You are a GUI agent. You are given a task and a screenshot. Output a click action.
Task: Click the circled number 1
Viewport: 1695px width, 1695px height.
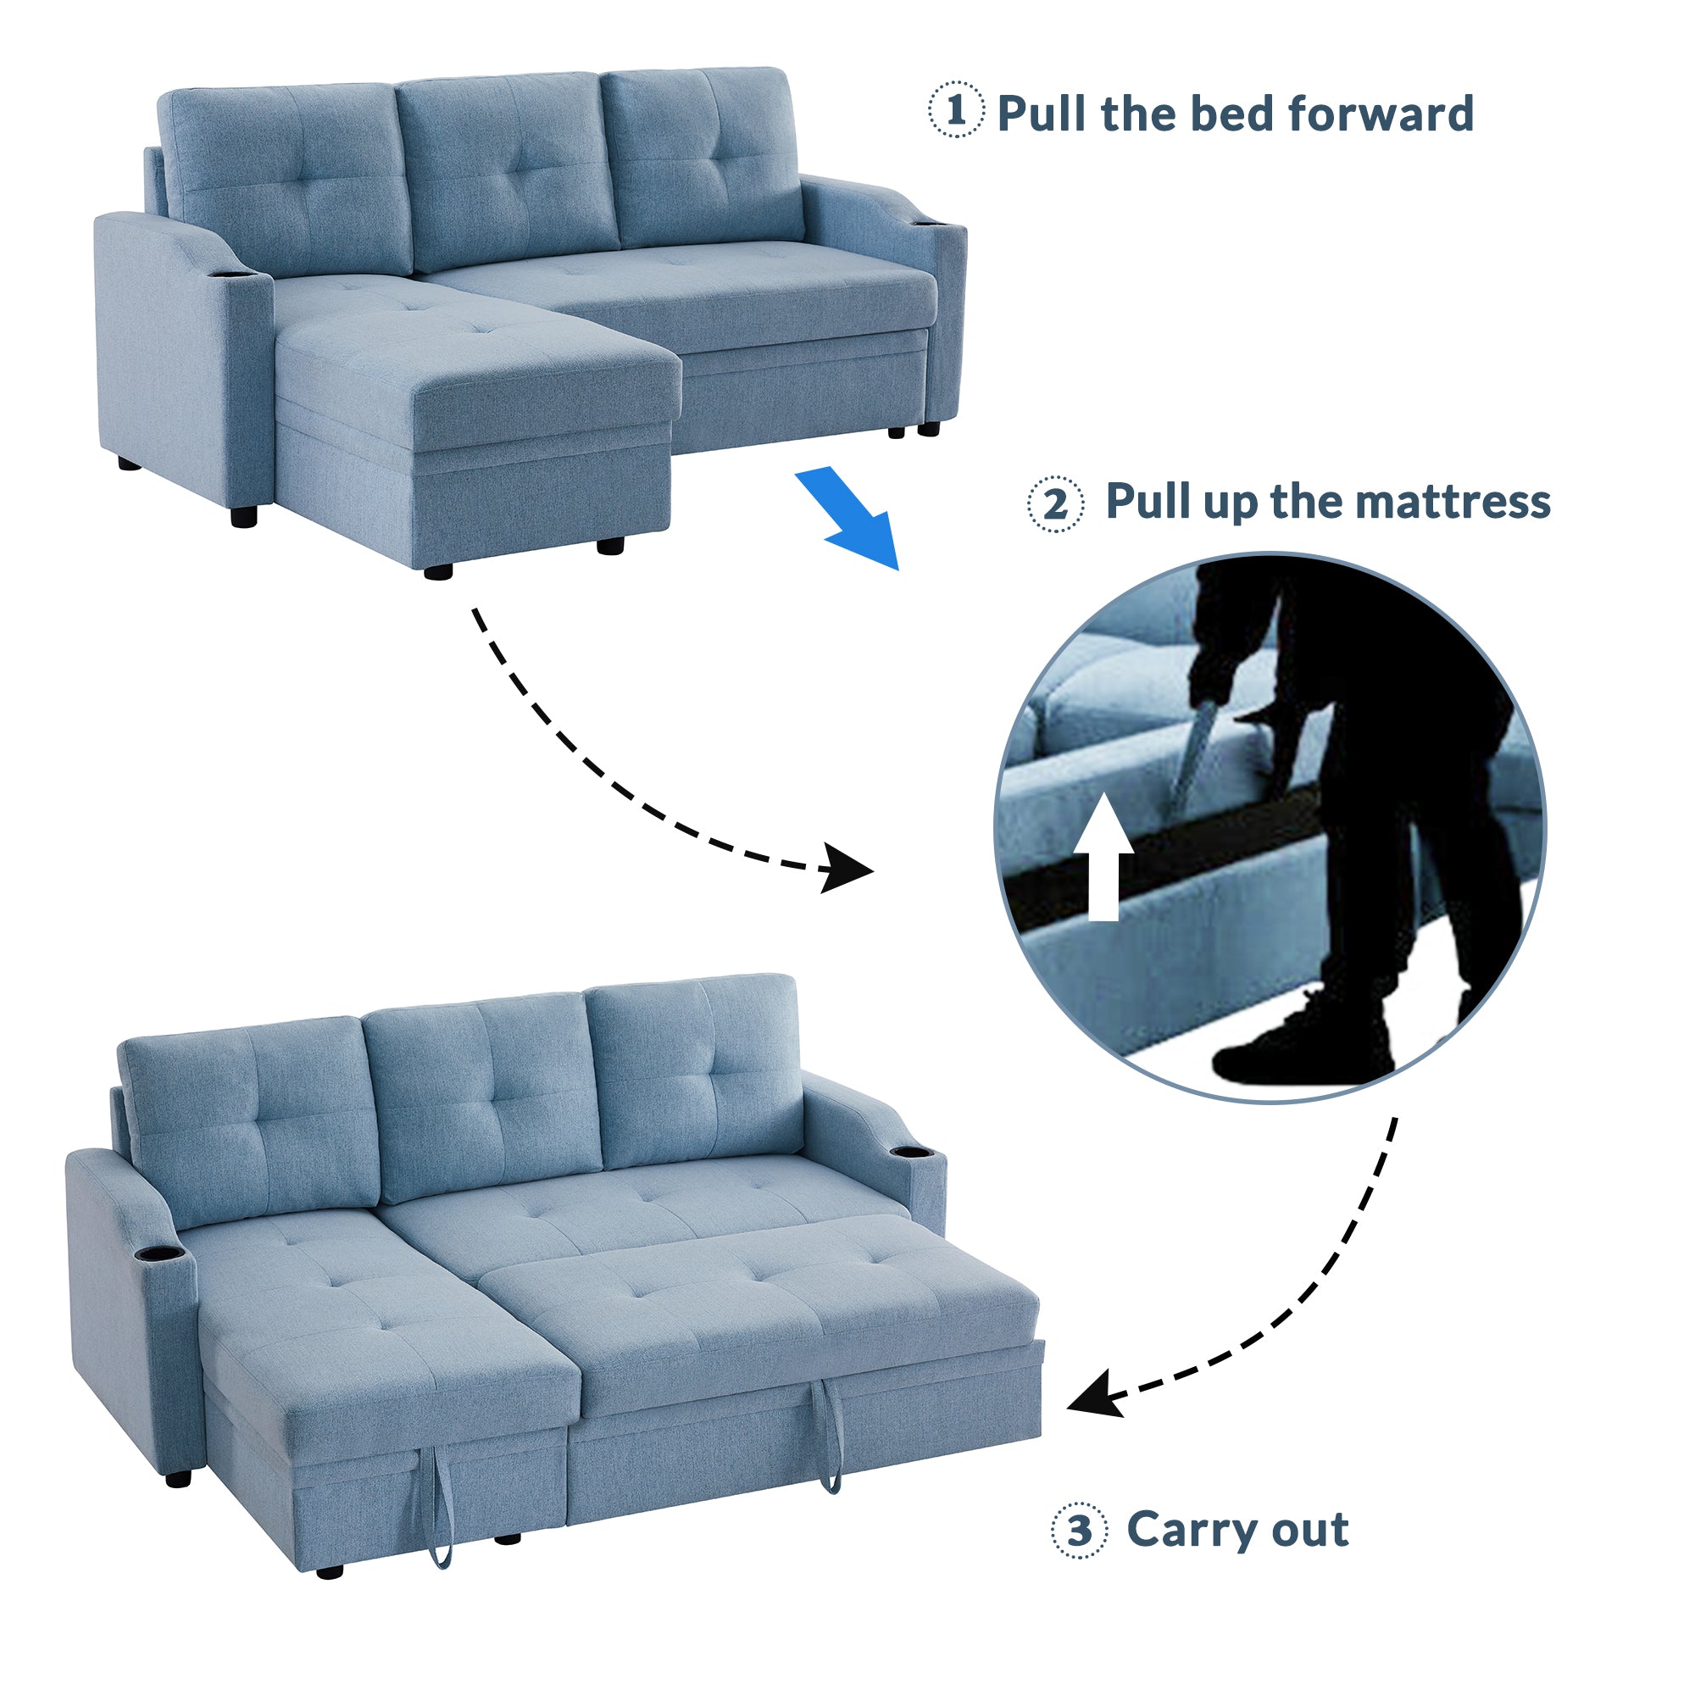coord(956,109)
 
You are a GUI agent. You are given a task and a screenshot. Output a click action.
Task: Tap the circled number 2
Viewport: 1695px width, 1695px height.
coord(1055,504)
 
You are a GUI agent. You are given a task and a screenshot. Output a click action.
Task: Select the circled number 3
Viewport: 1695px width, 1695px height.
coord(1079,1530)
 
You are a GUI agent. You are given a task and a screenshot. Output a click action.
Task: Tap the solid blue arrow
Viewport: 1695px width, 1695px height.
coord(847,519)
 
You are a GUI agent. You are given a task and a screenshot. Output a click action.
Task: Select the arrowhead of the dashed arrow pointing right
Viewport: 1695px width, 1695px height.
coord(846,869)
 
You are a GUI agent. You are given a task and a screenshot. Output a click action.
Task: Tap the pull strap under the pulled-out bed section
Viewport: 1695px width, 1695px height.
coord(830,1437)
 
